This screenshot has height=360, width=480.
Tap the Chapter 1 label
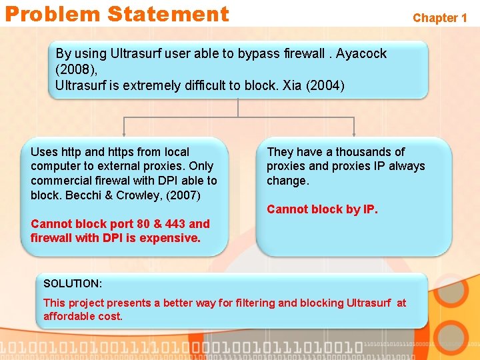pyautogui.click(x=439, y=18)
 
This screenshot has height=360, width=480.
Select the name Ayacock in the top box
pyautogui.click(x=361, y=53)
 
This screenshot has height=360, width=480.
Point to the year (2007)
pyautogui.click(x=182, y=195)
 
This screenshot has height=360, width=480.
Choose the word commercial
pyautogui.click(x=59, y=181)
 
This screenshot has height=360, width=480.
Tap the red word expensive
pyautogui.click(x=171, y=238)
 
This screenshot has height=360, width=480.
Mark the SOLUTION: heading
pyautogui.click(x=73, y=284)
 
